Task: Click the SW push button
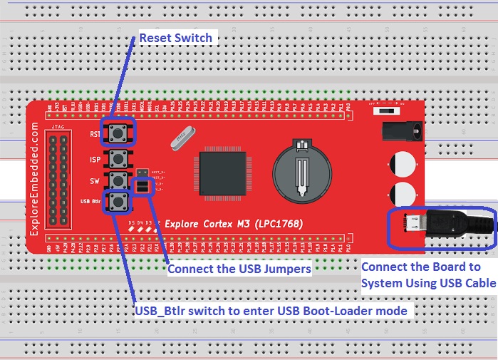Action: click(x=118, y=180)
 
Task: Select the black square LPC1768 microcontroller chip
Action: click(x=221, y=172)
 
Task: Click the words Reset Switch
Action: click(x=175, y=38)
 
